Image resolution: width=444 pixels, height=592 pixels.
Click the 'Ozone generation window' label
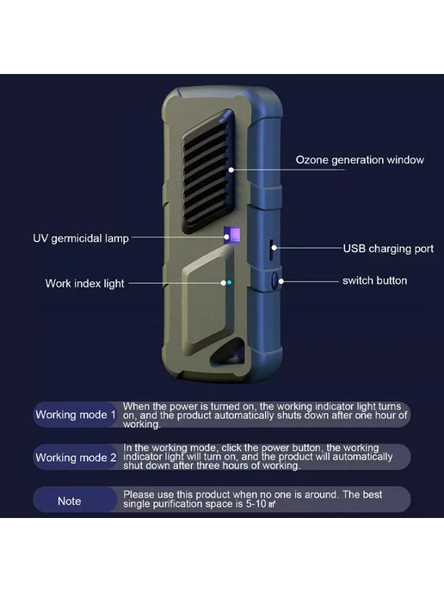point(360,160)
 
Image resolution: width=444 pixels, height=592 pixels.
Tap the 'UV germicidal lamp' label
point(81,238)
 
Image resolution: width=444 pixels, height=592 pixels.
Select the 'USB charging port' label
point(388,249)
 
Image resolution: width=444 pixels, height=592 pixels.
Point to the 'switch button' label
point(374,281)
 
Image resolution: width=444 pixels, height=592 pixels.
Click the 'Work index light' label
point(84,284)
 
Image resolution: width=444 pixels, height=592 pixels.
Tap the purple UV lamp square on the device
point(231,236)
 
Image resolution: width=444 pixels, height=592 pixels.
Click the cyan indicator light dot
point(229,282)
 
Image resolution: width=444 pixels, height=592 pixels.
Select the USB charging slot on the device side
point(271,250)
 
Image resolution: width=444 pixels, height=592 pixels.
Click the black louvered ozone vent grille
point(207,172)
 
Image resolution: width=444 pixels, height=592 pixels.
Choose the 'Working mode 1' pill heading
point(76,415)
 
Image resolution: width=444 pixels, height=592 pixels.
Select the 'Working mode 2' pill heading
point(76,457)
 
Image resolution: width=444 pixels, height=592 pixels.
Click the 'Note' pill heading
point(70,501)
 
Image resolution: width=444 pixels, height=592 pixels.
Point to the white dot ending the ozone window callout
point(231,170)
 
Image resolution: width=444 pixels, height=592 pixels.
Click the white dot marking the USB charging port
point(274,248)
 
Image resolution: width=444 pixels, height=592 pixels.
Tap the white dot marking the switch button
point(281,281)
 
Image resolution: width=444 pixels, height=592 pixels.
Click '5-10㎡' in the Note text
point(261,504)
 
